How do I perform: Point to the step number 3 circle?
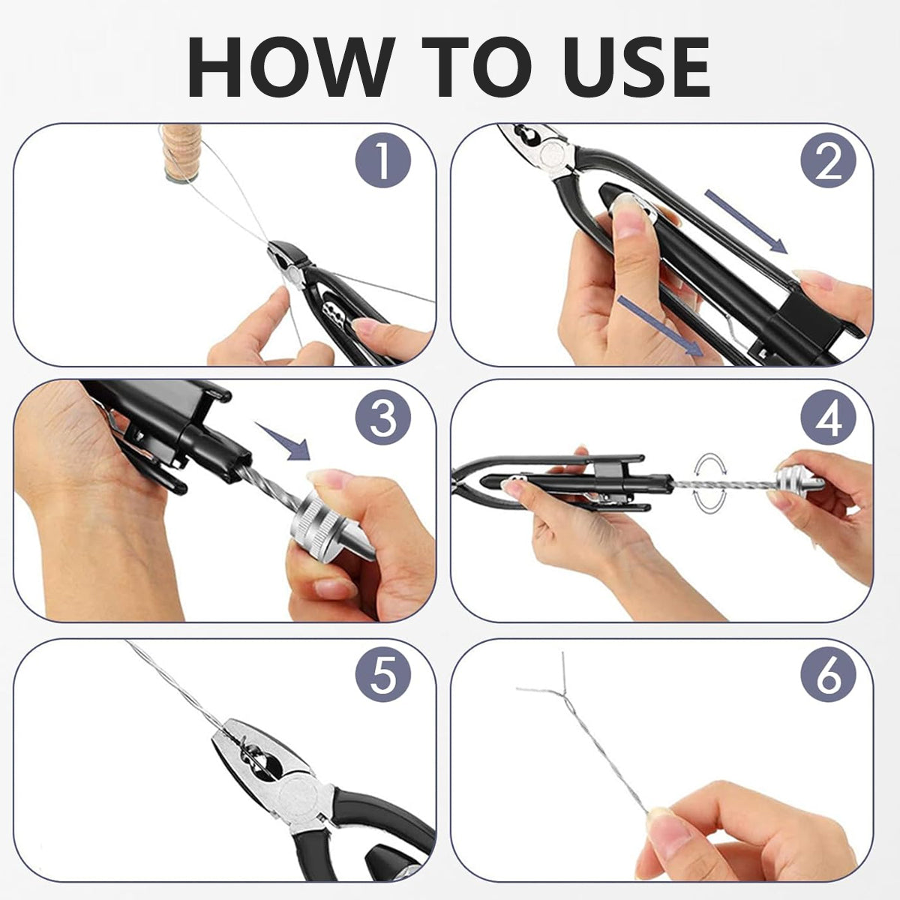[x=383, y=417]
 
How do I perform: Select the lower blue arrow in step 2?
[x=660, y=326]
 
